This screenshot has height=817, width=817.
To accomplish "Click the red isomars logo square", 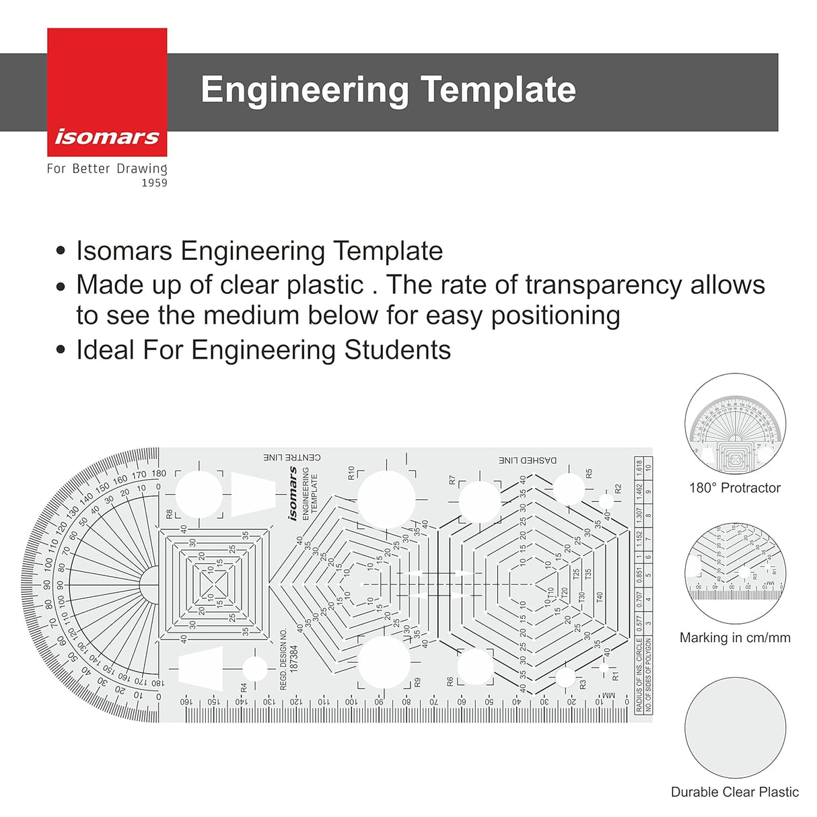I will click(107, 92).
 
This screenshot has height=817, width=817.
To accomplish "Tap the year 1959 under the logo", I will click(154, 183).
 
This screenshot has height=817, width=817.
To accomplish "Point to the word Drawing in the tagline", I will click(141, 168).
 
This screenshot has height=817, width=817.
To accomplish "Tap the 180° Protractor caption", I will click(734, 488).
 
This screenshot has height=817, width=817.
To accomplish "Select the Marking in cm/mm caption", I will click(735, 637).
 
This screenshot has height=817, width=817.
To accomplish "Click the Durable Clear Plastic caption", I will click(735, 792).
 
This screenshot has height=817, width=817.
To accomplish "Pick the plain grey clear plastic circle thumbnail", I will click(735, 727).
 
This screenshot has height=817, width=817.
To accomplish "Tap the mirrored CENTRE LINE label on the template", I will click(292, 458).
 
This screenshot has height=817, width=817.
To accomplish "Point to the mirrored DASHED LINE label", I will click(528, 460).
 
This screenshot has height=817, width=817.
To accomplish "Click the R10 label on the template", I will click(351, 472).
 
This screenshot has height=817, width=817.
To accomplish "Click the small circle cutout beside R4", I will click(254, 668).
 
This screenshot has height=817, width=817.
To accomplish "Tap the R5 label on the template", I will click(589, 474).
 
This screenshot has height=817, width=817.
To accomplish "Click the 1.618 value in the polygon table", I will click(639, 468).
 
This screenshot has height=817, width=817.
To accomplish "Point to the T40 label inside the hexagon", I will click(600, 597).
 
